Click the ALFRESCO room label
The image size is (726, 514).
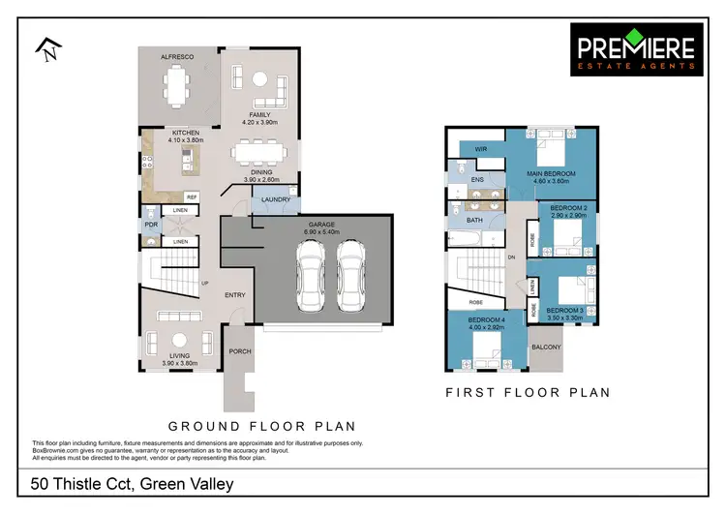tap(177, 58)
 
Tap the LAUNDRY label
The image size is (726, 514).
tap(275, 200)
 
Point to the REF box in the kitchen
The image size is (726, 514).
tap(192, 197)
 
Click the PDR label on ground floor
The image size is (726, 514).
tap(150, 227)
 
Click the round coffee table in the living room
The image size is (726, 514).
tap(180, 340)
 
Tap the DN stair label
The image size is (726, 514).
tap(512, 257)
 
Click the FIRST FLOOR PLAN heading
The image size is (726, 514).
tap(528, 393)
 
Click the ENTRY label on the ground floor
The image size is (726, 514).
tap(235, 295)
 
